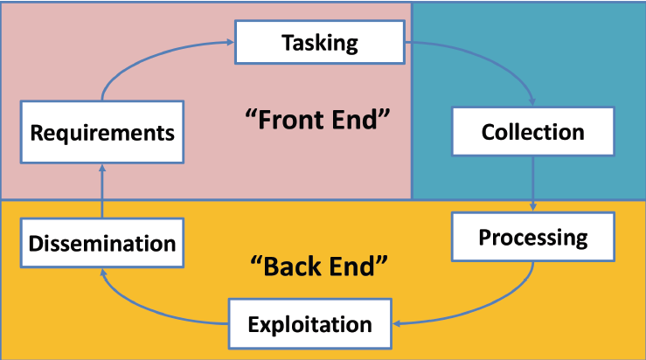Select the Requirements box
[103, 134]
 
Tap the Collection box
[532, 132]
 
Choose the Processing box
[532, 237]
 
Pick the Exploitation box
[309, 324]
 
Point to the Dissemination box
[102, 242]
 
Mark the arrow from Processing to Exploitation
[490, 310]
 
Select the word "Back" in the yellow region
[284, 264]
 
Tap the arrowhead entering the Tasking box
[230, 40]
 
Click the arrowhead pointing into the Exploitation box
[397, 324]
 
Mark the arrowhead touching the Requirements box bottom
[102, 169]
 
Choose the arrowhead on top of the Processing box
[533, 207]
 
